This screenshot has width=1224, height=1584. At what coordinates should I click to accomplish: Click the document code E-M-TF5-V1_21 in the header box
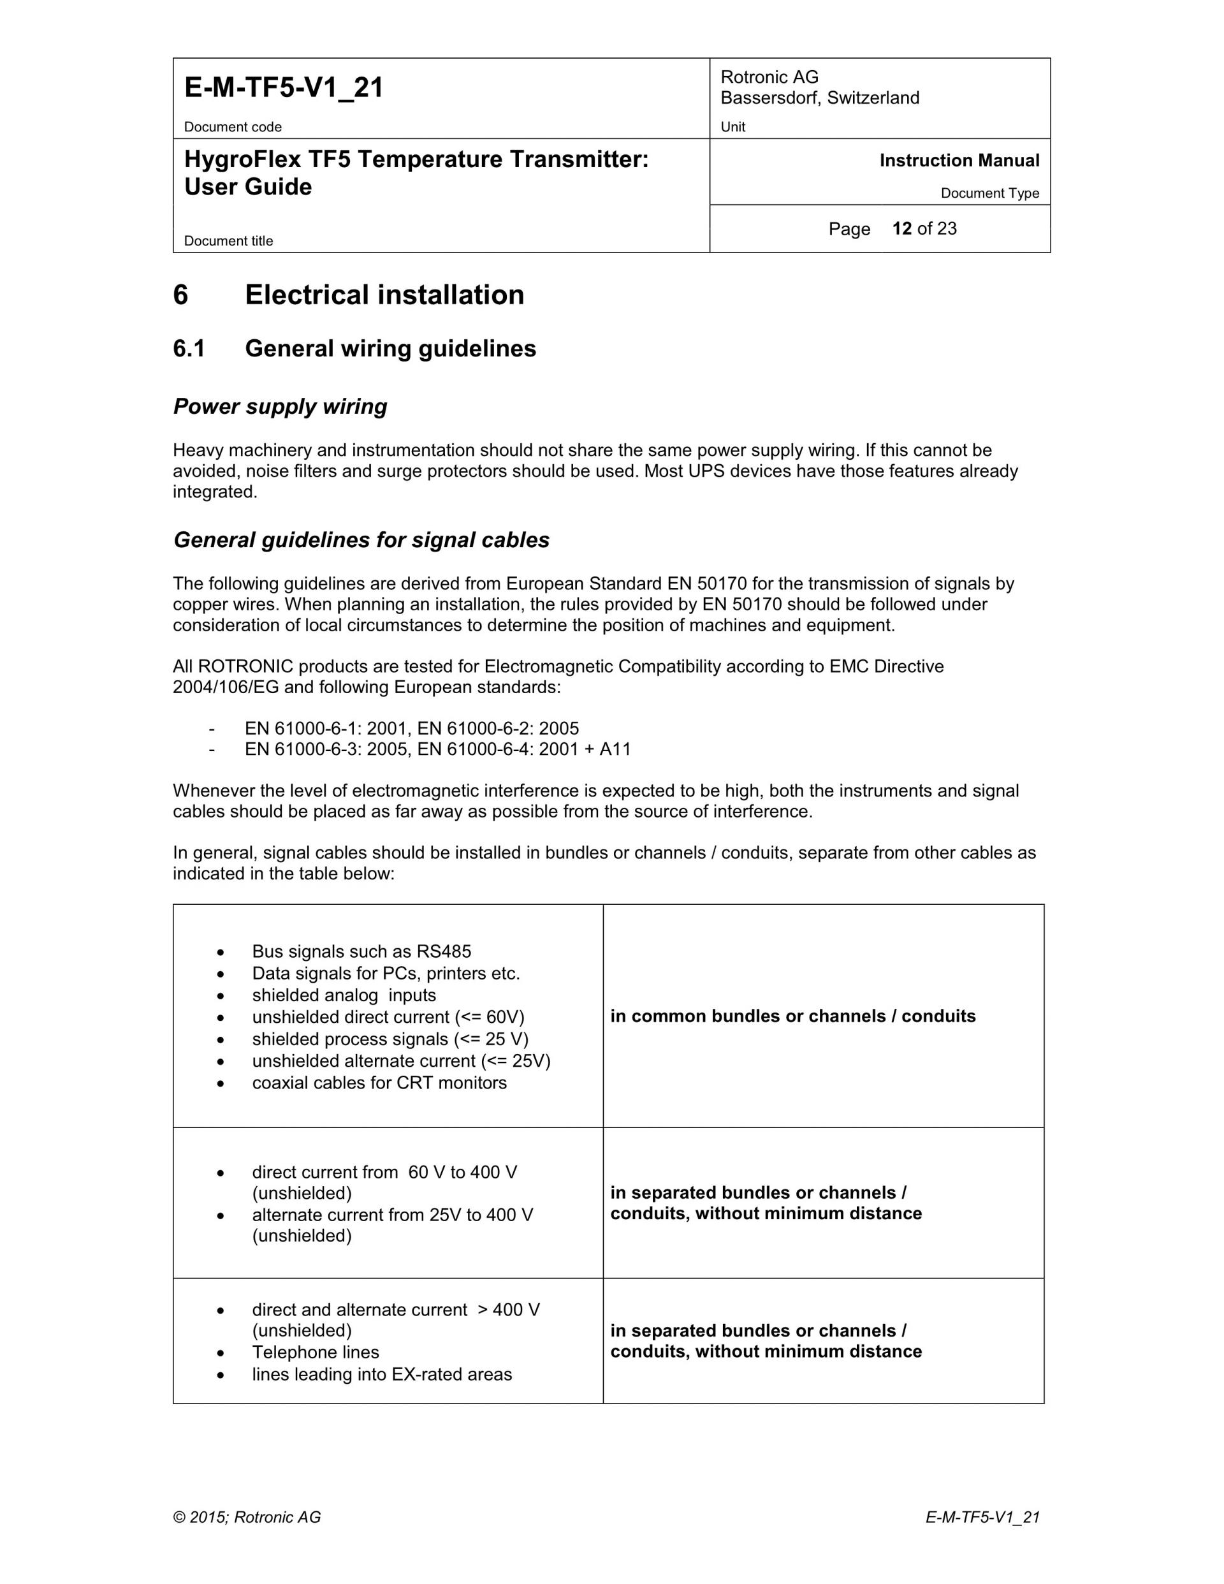[x=284, y=88]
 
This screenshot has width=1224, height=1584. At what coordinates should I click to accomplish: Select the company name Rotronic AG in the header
[x=769, y=77]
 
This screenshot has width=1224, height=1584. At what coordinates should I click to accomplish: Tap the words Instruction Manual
[x=959, y=160]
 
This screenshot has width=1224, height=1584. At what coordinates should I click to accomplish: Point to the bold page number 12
[x=901, y=228]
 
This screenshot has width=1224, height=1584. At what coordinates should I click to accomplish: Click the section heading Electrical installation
[x=384, y=295]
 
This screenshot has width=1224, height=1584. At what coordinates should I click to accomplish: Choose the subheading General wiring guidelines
[x=390, y=349]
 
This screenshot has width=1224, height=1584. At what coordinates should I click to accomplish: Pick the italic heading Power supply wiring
[x=280, y=406]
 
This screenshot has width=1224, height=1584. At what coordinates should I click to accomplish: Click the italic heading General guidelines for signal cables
[x=361, y=539]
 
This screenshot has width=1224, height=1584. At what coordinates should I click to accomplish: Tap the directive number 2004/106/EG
[x=226, y=687]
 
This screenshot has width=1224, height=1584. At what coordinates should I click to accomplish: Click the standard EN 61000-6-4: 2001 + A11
[x=524, y=749]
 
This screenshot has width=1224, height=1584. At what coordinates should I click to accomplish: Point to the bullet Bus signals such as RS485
[x=361, y=951]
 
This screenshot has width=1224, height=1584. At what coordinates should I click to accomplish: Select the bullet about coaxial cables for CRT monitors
[x=379, y=1083]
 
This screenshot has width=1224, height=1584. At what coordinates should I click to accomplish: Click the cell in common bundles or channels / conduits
[x=792, y=1016]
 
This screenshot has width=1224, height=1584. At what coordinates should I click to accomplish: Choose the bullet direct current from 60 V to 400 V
[x=384, y=1172]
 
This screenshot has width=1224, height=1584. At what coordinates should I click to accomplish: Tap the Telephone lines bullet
[x=316, y=1352]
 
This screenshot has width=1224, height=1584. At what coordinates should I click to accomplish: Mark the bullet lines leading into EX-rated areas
[x=381, y=1374]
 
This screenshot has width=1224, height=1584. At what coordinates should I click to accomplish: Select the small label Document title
[x=228, y=241]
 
